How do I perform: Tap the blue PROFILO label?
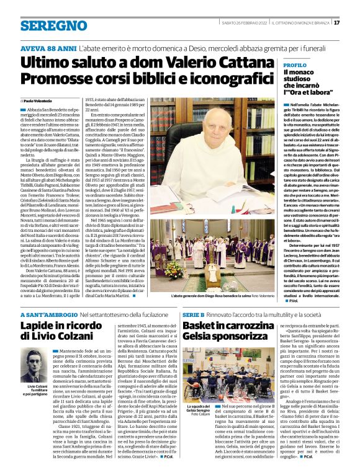(295, 64)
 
